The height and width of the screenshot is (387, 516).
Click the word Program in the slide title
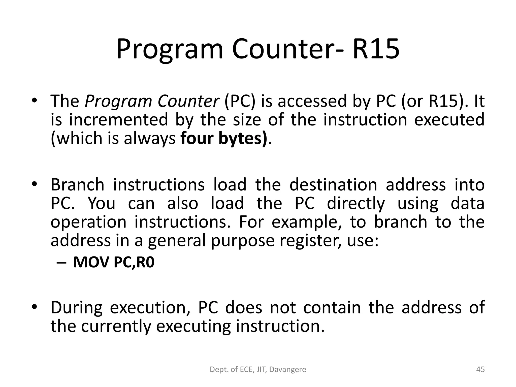click(170, 49)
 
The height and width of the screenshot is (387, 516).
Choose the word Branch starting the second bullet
click(77, 185)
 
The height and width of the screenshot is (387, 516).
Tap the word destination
click(333, 185)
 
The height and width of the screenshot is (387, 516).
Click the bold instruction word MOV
click(91, 263)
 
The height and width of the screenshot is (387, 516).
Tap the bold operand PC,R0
click(134, 263)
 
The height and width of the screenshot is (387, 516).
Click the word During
click(77, 308)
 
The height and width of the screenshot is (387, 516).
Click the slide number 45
click(480, 370)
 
